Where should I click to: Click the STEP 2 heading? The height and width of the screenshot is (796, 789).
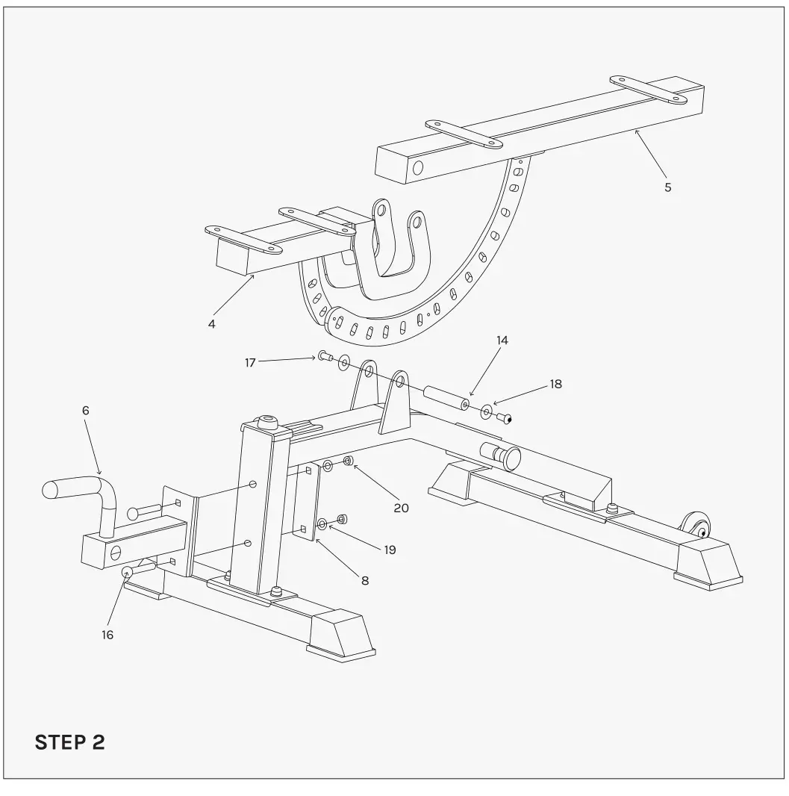point(70,743)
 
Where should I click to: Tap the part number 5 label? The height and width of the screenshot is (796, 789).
point(667,187)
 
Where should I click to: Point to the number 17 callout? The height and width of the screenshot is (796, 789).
point(250,362)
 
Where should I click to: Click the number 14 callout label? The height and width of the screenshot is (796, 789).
point(502,340)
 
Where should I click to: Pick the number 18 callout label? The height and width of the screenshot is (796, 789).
point(555,385)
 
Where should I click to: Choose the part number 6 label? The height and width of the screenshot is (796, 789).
point(85,410)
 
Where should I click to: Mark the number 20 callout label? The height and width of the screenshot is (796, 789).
point(402,508)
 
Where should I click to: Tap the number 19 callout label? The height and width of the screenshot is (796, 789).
point(390,550)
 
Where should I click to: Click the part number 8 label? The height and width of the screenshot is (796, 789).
point(365,580)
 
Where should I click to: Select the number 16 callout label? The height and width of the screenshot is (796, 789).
point(107,635)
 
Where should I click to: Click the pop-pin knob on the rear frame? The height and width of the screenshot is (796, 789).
point(509,456)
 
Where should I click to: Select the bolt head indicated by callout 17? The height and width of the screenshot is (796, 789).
point(324,356)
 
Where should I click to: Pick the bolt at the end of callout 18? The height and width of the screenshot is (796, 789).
point(504,417)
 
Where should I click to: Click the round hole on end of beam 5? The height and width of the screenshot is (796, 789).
point(418,167)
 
